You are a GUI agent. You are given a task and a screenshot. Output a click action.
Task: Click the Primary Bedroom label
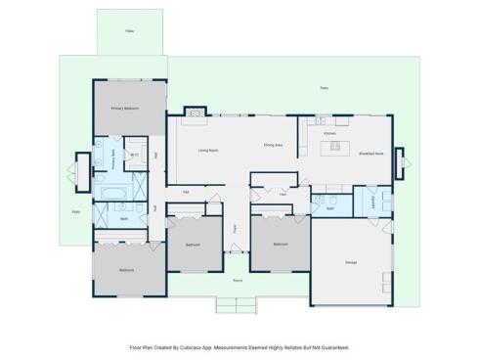(124, 109)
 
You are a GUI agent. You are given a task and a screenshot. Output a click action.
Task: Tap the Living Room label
(207, 151)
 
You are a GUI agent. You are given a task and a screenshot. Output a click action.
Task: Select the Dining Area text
(273, 146)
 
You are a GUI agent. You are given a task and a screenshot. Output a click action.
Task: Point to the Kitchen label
(329, 133)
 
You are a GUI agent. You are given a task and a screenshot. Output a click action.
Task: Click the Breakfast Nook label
(370, 154)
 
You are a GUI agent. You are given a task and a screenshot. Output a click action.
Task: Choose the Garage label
(350, 262)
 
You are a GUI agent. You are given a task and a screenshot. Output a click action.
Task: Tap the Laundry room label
(372, 202)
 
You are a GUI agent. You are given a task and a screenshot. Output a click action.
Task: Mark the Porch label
(238, 280)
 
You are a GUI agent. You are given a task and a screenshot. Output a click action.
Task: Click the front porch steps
(238, 305)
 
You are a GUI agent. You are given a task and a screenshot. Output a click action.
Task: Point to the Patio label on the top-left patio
(129, 31)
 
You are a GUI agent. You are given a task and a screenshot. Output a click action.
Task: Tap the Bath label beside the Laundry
(330, 208)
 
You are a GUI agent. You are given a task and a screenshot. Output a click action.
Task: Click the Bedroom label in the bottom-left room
(126, 269)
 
